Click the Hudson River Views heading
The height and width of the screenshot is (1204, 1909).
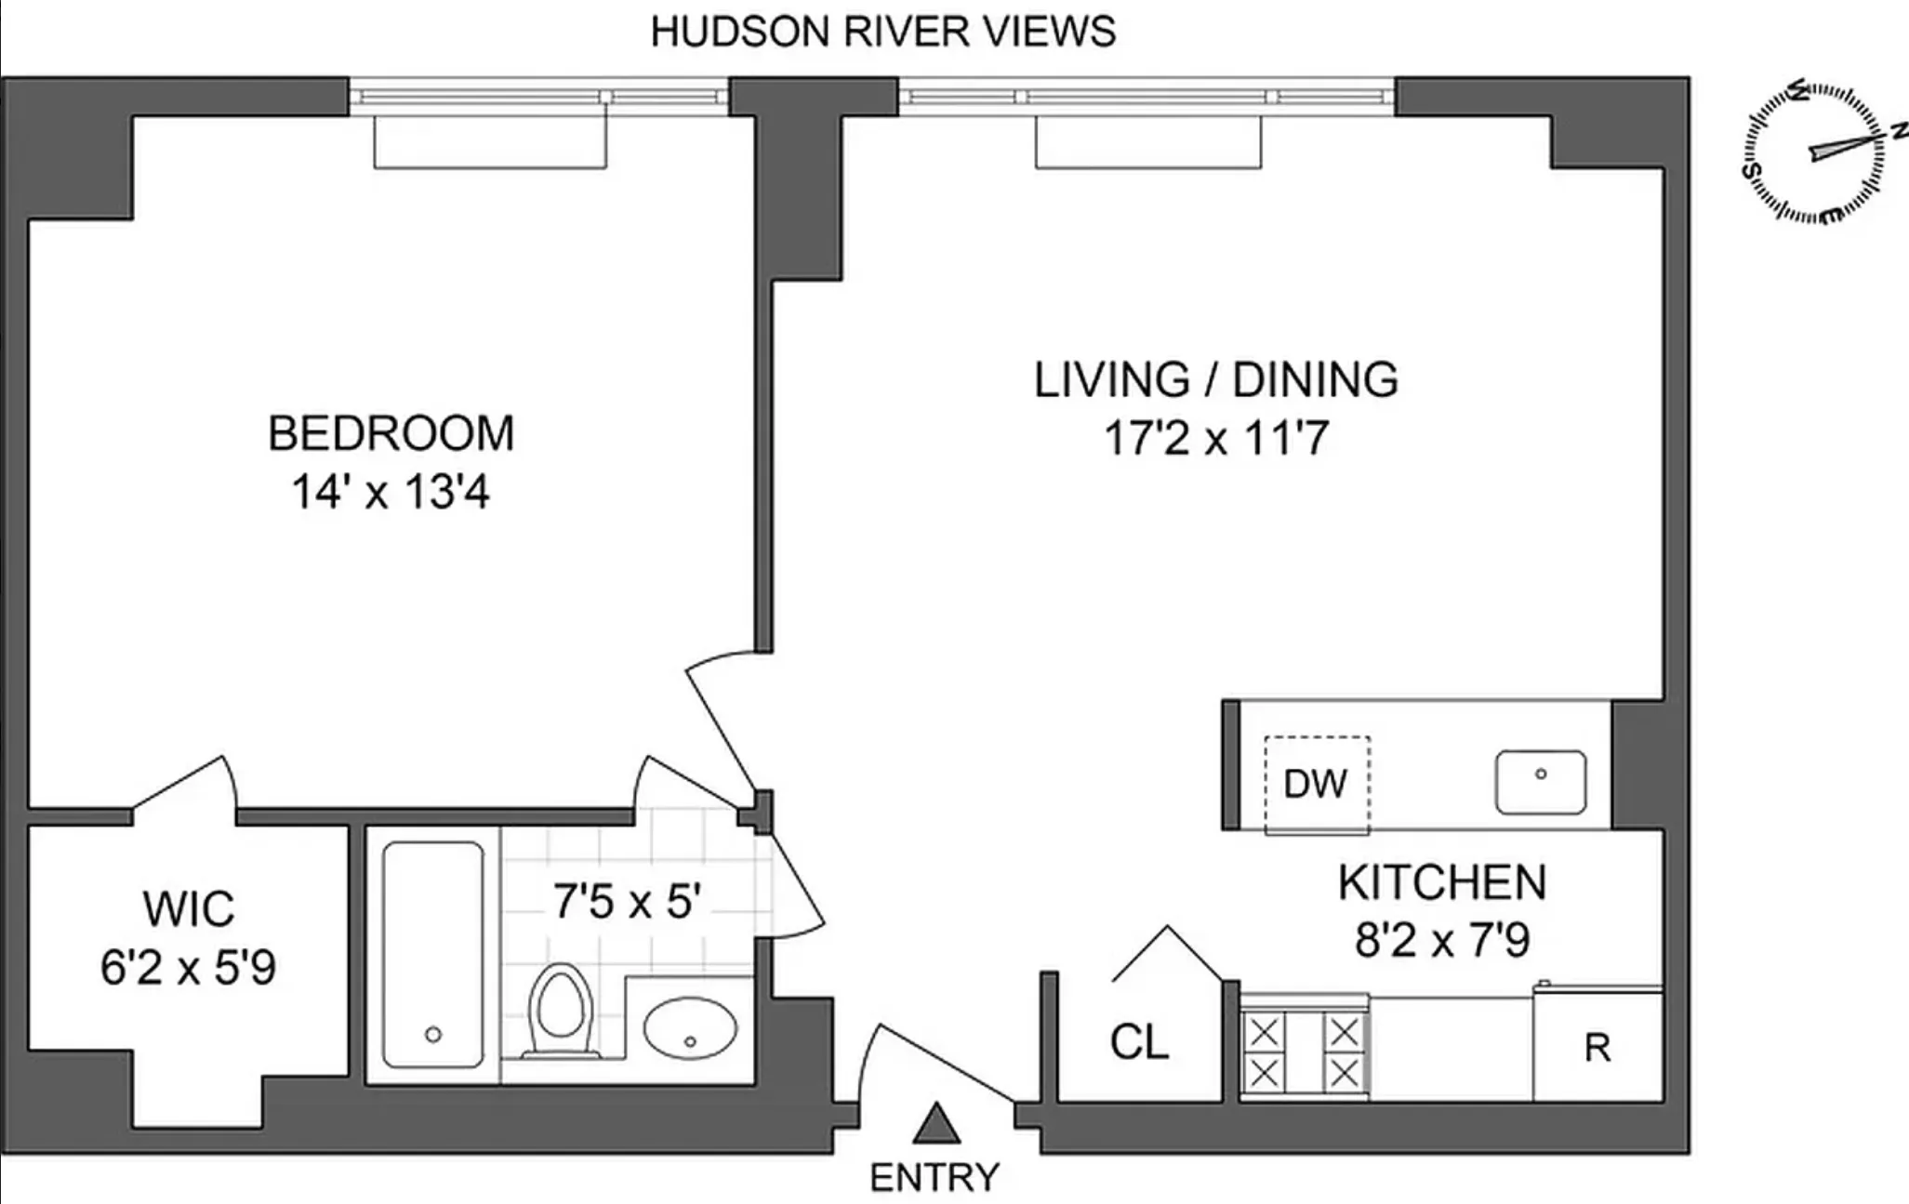click(x=882, y=32)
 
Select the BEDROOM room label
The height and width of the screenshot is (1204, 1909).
click(x=391, y=433)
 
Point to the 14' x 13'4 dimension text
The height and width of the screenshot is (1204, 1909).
click(x=391, y=492)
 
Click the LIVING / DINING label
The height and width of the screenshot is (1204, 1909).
click(x=1215, y=379)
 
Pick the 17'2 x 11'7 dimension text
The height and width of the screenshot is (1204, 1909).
click(x=1215, y=438)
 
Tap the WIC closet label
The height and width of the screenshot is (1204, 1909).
click(x=189, y=908)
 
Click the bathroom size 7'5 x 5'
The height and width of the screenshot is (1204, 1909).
click(x=626, y=900)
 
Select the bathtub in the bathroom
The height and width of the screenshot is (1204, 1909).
click(x=433, y=955)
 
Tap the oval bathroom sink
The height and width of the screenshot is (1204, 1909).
click(x=690, y=1027)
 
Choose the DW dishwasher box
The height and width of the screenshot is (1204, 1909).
click(x=1316, y=784)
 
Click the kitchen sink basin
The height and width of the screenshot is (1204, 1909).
click(x=1540, y=782)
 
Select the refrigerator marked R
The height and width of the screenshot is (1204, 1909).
click(x=1597, y=1048)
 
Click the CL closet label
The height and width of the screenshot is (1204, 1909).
click(x=1139, y=1042)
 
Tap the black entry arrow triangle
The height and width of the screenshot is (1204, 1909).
click(x=935, y=1124)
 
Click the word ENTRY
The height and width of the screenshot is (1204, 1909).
click(x=935, y=1177)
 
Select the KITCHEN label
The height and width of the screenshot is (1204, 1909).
click(x=1442, y=881)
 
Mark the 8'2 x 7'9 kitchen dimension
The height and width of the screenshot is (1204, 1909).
click(x=1442, y=940)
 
